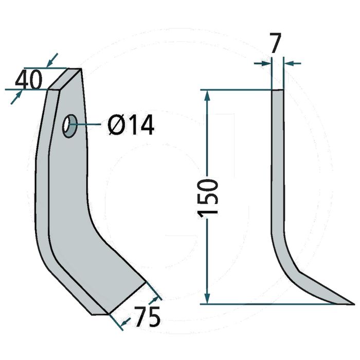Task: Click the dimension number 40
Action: [x=29, y=80]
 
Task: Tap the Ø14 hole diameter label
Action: [x=131, y=125]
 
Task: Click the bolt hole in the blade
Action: [x=70, y=126]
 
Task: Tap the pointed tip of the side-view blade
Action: [x=354, y=304]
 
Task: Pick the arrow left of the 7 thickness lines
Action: [x=263, y=63]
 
